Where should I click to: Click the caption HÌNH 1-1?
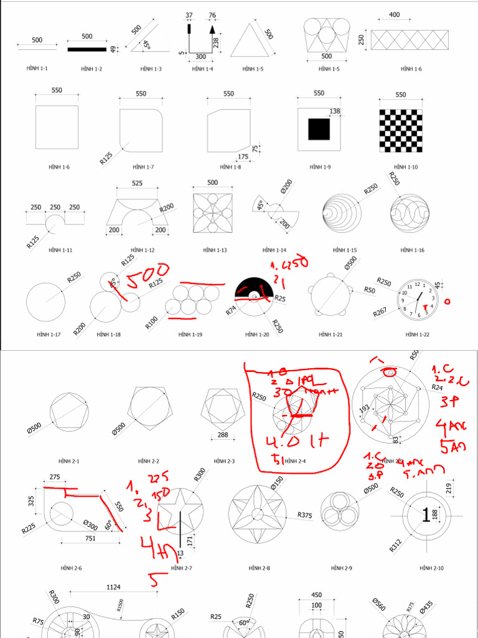[x=37, y=69]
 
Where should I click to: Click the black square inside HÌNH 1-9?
[x=319, y=128]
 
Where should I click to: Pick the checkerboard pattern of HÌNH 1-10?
[x=400, y=130]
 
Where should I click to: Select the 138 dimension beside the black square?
[x=335, y=111]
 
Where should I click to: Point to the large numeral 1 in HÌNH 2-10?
[x=426, y=515]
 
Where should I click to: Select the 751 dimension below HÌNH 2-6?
[x=90, y=538]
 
